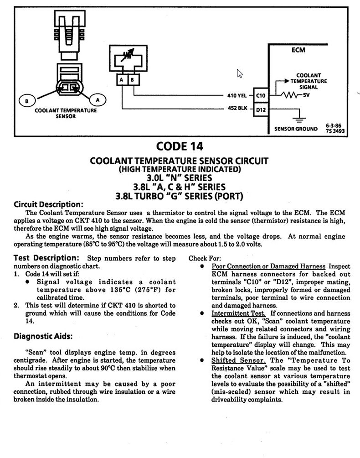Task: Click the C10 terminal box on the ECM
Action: click(x=261, y=96)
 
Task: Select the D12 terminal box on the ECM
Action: click(x=261, y=109)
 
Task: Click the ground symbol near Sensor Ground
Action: click(x=299, y=120)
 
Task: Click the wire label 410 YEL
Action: click(x=237, y=96)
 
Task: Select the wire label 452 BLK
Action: click(x=237, y=109)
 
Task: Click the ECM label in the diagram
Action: click(x=298, y=50)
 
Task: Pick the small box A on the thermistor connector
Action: click(x=122, y=80)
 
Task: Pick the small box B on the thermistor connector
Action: click(x=132, y=80)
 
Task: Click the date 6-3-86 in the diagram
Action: click(x=334, y=125)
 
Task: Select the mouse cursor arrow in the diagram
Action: click(x=239, y=73)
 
